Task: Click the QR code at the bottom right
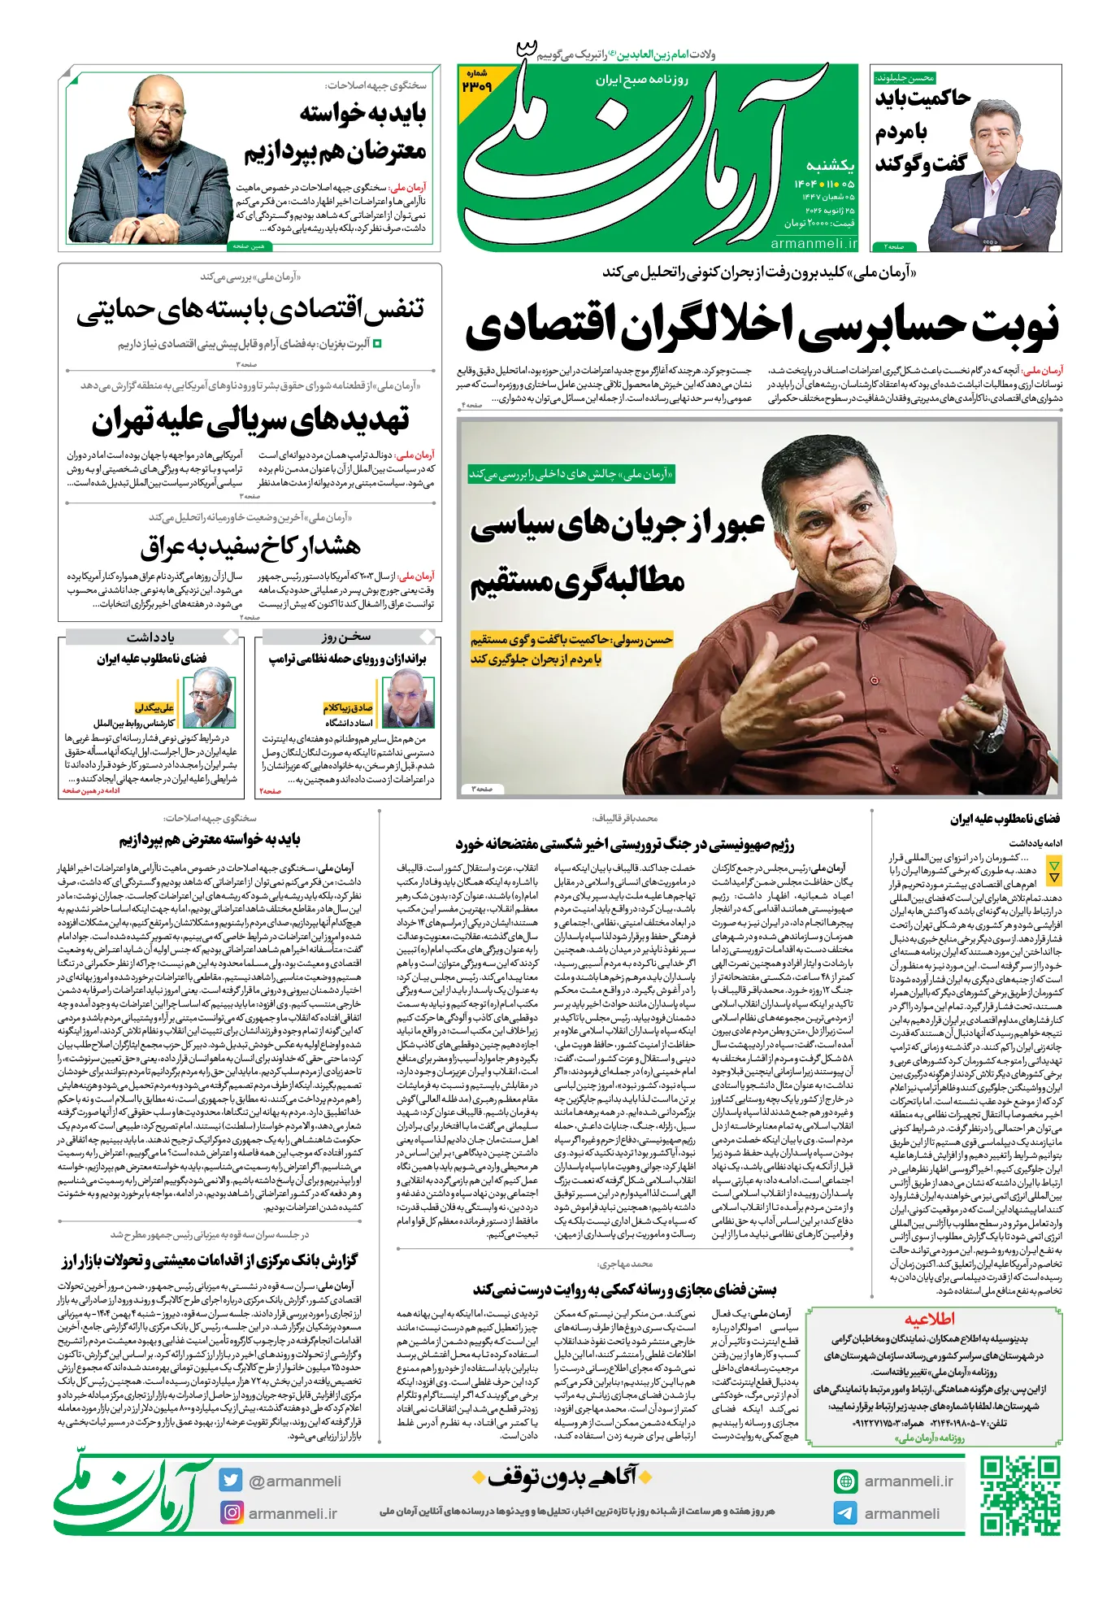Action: (x=1020, y=1496)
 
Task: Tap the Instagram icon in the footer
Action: (x=232, y=1512)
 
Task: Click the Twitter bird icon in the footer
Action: (x=231, y=1480)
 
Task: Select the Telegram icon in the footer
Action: (x=845, y=1513)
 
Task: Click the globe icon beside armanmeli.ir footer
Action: (x=845, y=1481)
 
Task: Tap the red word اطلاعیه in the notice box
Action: (x=930, y=1319)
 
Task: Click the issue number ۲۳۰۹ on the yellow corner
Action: (x=476, y=85)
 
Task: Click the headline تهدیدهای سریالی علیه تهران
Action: (x=250, y=420)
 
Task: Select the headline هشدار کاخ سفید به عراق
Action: (x=250, y=546)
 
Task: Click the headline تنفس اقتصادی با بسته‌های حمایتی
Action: (x=250, y=311)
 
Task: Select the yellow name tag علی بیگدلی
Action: (x=154, y=707)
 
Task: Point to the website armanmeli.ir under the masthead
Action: (x=814, y=243)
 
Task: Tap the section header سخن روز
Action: (x=345, y=637)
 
